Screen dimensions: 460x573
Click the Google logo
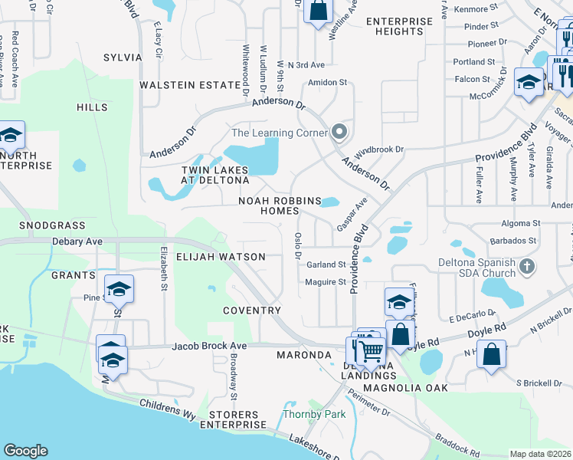tap(25, 451)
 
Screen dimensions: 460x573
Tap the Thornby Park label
tap(314, 415)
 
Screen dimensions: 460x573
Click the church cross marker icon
tap(526, 267)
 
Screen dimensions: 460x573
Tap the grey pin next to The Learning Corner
tap(340, 133)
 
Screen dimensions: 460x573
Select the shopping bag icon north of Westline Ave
tap(318, 11)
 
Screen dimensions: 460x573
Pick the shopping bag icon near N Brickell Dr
tap(493, 355)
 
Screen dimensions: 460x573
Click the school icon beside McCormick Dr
tap(529, 81)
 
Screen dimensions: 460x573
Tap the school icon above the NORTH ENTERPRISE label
tap(10, 136)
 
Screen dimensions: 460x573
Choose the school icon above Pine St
tap(119, 290)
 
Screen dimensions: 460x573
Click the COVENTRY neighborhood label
tap(252, 310)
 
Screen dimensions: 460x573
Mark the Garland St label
tap(326, 264)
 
